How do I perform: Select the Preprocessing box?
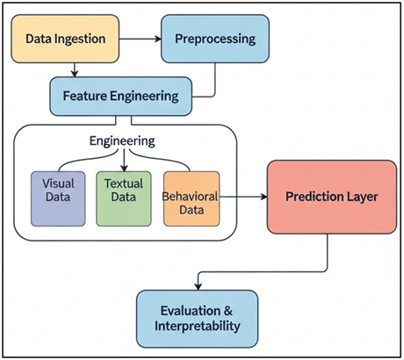(x=213, y=40)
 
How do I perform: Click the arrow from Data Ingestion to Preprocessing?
(x=141, y=40)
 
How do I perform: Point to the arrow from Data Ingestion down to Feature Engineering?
(x=76, y=67)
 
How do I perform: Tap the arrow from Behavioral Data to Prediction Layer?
(x=242, y=198)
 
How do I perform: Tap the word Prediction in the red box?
(x=310, y=197)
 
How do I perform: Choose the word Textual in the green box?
(x=123, y=185)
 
